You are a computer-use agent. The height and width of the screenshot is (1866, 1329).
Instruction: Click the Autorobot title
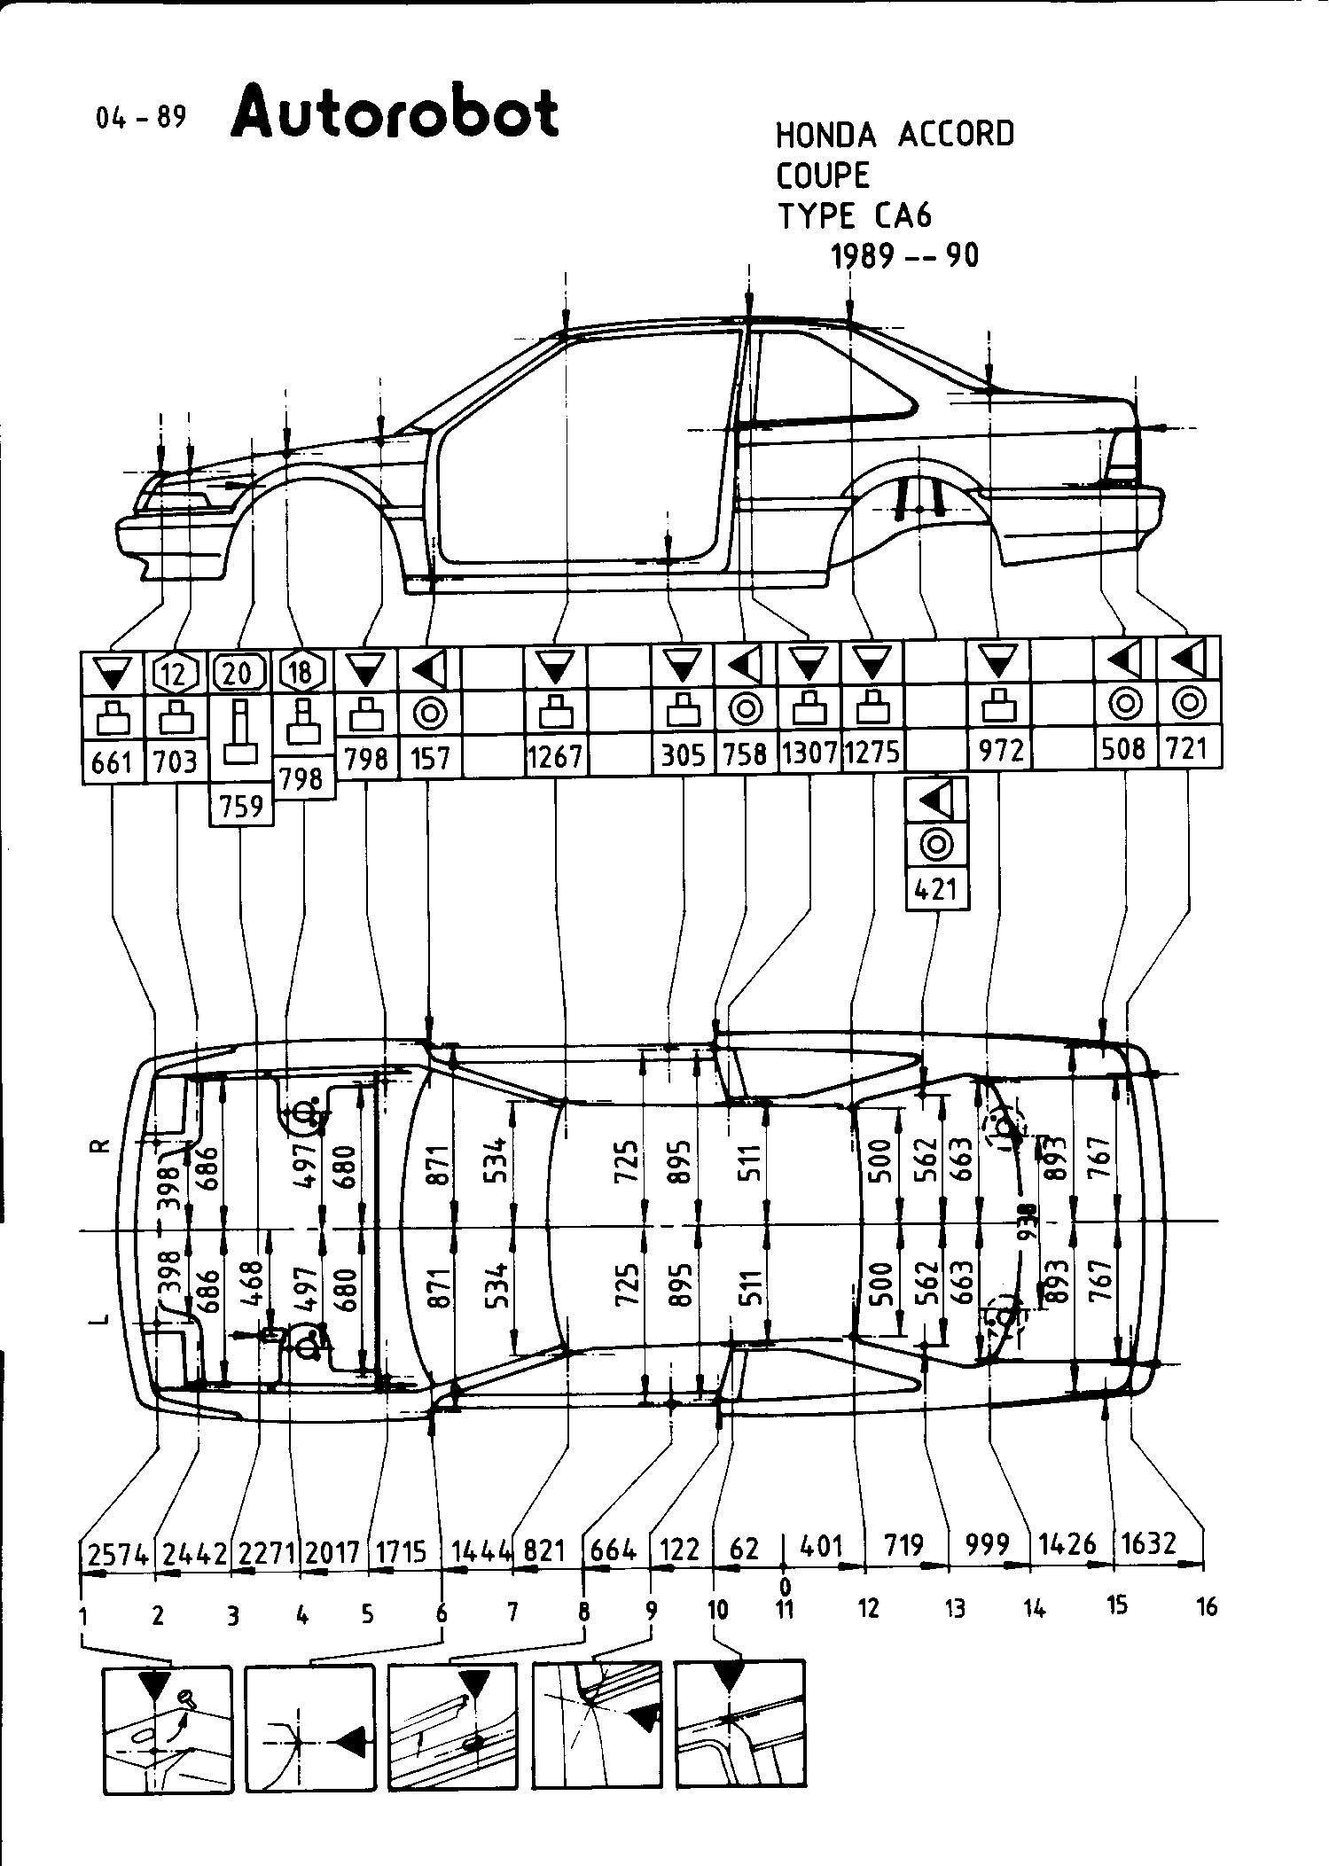pyautogui.click(x=395, y=113)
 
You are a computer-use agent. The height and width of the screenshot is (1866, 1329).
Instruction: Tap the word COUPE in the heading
pyautogui.click(x=823, y=176)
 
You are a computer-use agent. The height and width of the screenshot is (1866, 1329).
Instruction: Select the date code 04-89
pyautogui.click(x=141, y=117)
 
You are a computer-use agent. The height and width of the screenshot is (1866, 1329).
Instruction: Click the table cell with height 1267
pyautogui.click(x=556, y=756)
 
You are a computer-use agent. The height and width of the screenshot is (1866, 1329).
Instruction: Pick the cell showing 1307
pyautogui.click(x=809, y=753)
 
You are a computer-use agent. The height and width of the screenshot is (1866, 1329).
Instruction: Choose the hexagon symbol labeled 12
pyautogui.click(x=176, y=675)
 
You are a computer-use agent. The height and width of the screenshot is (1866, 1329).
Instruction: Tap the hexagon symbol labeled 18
pyautogui.click(x=302, y=673)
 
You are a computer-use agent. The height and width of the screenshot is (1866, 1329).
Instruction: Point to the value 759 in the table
pyautogui.click(x=241, y=806)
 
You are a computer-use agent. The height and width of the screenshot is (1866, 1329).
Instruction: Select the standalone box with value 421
pyautogui.click(x=936, y=888)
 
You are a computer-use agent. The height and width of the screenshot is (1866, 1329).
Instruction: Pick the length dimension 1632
pyautogui.click(x=1149, y=1543)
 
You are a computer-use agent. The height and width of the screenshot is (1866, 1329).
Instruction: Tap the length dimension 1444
pyautogui.click(x=482, y=1550)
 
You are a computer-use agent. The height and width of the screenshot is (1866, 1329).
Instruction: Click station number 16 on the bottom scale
pyautogui.click(x=1207, y=1607)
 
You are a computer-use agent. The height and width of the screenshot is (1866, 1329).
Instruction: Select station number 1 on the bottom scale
pyautogui.click(x=82, y=1616)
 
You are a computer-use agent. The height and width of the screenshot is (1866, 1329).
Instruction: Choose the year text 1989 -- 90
pyautogui.click(x=904, y=256)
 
